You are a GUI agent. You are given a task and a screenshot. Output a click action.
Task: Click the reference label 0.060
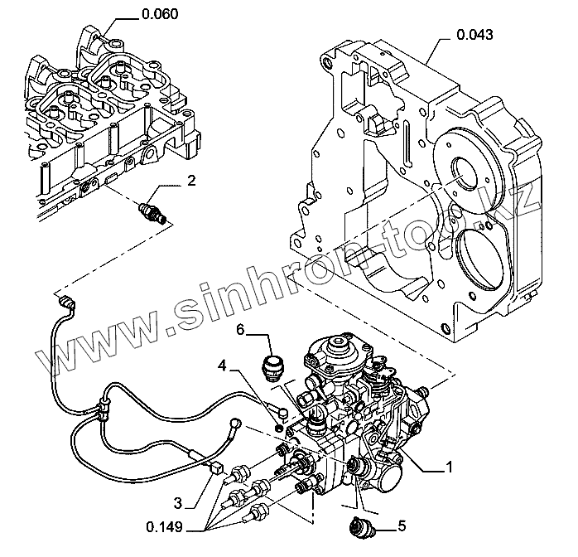[x=160, y=14]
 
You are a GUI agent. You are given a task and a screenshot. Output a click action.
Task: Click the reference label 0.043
[x=475, y=35]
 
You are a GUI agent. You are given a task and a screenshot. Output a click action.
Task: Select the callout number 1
[x=450, y=468]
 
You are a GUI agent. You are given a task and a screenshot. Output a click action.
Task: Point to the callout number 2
[x=190, y=180]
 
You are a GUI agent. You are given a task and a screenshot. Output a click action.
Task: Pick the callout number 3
[x=178, y=501]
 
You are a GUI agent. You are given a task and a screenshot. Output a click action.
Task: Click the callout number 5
[x=402, y=525]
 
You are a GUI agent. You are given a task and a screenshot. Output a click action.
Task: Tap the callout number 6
[x=240, y=329]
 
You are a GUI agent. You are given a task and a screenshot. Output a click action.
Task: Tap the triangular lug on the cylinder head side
[x=150, y=155]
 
